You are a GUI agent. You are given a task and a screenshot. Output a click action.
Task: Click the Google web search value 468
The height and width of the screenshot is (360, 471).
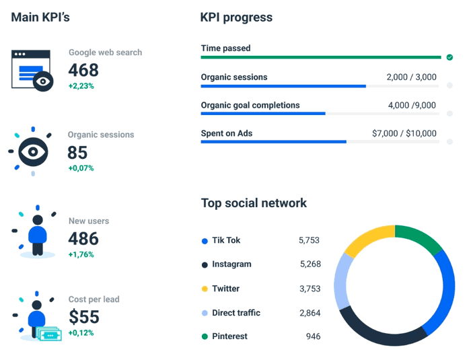83,70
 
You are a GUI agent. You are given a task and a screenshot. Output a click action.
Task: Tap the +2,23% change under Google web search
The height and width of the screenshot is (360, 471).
81,85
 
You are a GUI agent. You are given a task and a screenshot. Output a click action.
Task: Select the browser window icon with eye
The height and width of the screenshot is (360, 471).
32,69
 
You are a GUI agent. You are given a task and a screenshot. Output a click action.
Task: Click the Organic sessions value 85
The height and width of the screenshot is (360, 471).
77,153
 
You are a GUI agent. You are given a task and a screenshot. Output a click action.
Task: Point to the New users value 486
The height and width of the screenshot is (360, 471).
83,238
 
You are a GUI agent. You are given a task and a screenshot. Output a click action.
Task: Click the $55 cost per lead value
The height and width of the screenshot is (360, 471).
83,316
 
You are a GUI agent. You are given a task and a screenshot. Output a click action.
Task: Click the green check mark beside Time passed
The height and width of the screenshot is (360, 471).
449,58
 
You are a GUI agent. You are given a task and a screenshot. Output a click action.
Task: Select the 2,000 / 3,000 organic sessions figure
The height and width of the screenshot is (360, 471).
411,77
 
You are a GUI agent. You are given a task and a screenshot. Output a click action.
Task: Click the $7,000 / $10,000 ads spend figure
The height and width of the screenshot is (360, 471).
404,134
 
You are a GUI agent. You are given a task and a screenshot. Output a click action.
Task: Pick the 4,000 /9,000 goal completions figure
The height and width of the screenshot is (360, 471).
412,106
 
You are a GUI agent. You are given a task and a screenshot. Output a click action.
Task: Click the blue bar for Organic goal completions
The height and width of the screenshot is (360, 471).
262,114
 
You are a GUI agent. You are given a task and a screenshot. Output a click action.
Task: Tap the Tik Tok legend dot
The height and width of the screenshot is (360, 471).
205,241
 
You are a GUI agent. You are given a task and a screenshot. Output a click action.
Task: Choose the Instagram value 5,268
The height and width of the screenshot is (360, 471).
310,264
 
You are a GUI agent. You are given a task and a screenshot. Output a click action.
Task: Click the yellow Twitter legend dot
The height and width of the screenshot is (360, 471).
205,289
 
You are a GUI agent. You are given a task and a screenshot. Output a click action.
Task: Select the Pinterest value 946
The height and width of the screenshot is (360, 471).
312,336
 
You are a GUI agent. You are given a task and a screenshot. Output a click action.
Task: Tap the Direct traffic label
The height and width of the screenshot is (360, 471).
235,313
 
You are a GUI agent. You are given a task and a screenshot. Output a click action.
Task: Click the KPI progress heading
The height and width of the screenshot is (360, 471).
236,17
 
